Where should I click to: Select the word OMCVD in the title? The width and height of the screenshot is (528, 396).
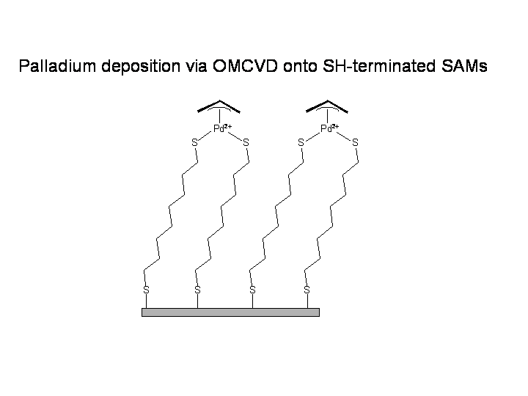tap(245, 66)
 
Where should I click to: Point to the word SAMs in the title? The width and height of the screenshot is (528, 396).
tap(464, 66)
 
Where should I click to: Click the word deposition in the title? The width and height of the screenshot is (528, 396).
tap(141, 67)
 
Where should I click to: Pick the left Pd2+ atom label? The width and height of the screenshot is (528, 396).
tap(223, 128)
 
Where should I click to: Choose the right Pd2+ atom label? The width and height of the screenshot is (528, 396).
tap(330, 128)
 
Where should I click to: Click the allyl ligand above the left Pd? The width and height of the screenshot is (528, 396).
tap(219, 106)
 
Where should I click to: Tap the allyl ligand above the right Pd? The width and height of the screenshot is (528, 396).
tap(327, 106)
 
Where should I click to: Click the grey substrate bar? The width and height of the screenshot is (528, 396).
tap(231, 312)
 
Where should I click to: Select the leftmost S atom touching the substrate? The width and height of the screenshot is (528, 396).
tap(146, 290)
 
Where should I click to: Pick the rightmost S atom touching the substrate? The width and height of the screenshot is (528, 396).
tap(307, 290)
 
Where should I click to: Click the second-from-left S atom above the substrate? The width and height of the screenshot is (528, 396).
tap(198, 290)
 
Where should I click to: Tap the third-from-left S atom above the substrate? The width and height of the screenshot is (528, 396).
tap(252, 290)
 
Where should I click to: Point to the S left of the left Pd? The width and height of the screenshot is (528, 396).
tap(194, 143)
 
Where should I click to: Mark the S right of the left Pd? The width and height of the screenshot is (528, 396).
tap(246, 143)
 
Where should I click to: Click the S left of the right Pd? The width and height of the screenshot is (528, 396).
tap(301, 143)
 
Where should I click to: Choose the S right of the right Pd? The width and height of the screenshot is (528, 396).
tap(355, 143)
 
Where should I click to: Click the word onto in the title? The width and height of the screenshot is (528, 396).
tap(300, 67)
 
